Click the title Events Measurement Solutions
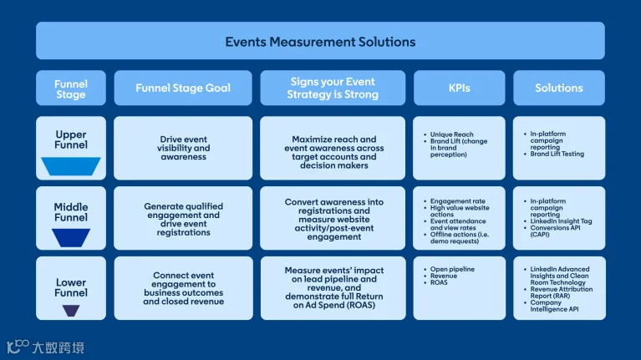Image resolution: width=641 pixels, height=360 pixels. [x=320, y=42]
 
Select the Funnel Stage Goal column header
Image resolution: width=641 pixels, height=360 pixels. [x=183, y=88]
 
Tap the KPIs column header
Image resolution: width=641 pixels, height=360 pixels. [x=459, y=88]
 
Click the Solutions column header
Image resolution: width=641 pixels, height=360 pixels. [x=559, y=88]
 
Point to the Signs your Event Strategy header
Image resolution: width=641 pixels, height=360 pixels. [x=333, y=88]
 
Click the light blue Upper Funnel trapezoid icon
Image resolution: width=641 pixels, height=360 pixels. [x=71, y=166]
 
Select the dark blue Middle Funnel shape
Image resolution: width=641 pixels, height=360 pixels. [x=71, y=237]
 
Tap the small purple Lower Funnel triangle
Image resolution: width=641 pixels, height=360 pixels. [x=71, y=311]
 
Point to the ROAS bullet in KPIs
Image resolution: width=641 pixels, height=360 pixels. [x=435, y=282]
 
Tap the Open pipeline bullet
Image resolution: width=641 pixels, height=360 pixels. [x=450, y=269]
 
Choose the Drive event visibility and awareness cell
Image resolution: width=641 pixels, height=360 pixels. [x=183, y=148]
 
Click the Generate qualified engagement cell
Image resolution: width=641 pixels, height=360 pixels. [x=183, y=219]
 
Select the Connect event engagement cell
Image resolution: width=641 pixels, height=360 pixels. [x=183, y=288]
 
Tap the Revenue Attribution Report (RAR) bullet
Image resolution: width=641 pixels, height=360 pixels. [x=558, y=292]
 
